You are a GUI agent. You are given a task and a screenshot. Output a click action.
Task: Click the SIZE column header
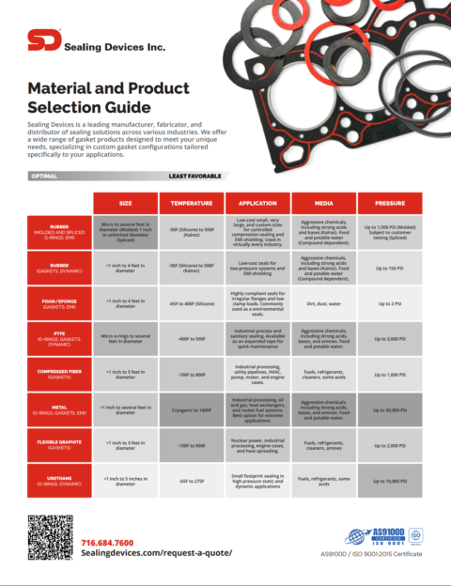point(125,202)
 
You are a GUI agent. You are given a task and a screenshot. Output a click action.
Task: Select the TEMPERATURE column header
point(191,202)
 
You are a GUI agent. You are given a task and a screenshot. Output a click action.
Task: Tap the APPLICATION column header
point(257,202)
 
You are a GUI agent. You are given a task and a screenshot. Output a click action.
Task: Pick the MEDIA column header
point(322,202)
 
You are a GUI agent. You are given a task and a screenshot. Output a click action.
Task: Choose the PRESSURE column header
point(389,202)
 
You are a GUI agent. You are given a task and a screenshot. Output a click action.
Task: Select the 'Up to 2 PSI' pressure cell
point(389,302)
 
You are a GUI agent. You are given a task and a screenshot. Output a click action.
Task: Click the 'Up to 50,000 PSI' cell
point(389,409)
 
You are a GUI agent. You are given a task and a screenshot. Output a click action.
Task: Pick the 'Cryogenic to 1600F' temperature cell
point(191,409)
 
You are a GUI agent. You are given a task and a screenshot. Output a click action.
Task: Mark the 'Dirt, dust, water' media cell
point(322,302)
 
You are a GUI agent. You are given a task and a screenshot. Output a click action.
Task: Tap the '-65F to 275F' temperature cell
point(191,480)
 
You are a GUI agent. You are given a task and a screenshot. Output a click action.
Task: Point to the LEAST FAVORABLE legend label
point(194,176)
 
